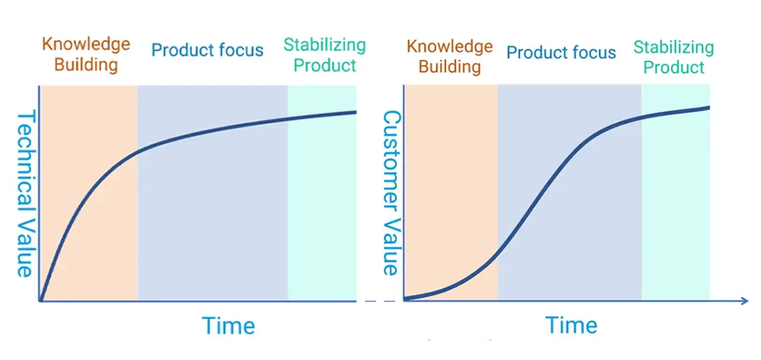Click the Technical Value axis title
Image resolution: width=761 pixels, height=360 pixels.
pyautogui.click(x=25, y=194)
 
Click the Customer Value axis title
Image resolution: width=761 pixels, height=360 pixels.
pyautogui.click(x=391, y=194)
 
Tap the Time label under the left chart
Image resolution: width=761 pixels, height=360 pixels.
pyautogui.click(x=228, y=325)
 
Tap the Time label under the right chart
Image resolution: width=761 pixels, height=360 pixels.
pyautogui.click(x=571, y=325)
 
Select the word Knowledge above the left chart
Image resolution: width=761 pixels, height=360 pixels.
pyautogui.click(x=86, y=45)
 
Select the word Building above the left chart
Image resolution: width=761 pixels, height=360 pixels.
pyautogui.click(x=86, y=65)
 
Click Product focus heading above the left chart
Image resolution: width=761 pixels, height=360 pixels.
pyautogui.click(x=208, y=49)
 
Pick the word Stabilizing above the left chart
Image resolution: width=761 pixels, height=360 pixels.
pyautogui.click(x=325, y=45)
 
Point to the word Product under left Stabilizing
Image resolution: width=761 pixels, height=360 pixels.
pyautogui.click(x=325, y=65)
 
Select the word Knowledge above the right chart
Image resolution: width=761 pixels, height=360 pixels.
pyautogui.click(x=450, y=47)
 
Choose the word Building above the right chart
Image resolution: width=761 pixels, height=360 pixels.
pyautogui.click(x=450, y=66)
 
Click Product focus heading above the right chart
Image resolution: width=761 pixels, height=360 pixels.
pyautogui.click(x=562, y=52)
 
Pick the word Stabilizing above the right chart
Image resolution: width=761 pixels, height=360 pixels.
pyautogui.click(x=674, y=47)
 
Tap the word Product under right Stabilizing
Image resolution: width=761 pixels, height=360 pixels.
pyautogui.click(x=674, y=67)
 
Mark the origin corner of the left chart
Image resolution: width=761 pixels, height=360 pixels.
pyautogui.click(x=39, y=302)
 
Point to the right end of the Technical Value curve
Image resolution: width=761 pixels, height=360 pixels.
pyautogui.click(x=356, y=113)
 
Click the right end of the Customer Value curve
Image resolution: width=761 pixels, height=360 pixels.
pyautogui.click(x=709, y=107)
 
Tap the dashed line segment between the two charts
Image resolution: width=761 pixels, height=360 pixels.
pyautogui.click(x=380, y=302)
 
